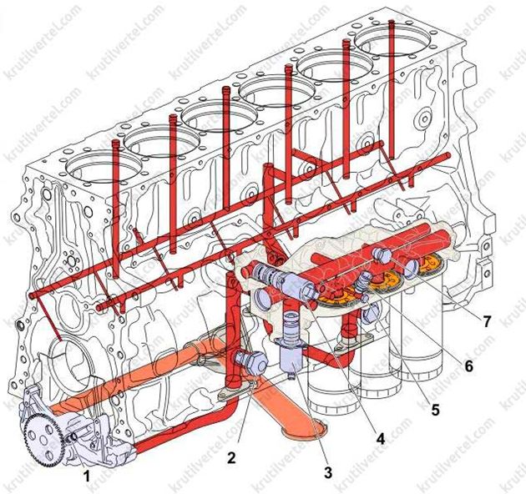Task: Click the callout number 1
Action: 87,476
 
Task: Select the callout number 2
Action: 231,458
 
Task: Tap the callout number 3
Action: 328,472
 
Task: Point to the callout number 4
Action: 380,439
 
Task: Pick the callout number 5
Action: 435,410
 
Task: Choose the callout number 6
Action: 468,365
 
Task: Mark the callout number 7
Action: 487,321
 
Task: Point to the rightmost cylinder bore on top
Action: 392,42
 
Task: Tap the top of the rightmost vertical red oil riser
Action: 392,23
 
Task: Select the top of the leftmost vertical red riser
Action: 116,142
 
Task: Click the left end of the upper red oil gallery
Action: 32,295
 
